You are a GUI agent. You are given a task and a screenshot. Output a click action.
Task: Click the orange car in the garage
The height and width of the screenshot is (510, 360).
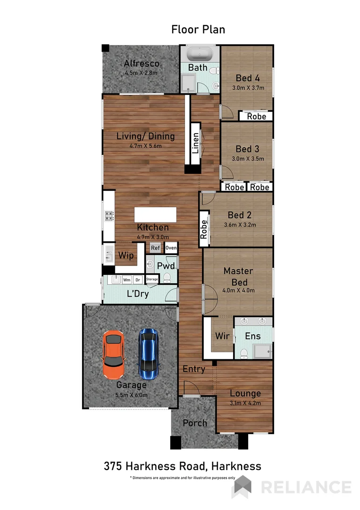click(114, 355)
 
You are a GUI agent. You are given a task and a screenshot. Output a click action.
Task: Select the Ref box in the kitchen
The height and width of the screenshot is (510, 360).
click(155, 248)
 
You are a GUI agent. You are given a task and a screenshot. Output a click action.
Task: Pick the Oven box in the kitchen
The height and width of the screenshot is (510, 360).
click(171, 248)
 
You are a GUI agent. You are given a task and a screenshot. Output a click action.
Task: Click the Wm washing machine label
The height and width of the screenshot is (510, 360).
click(126, 280)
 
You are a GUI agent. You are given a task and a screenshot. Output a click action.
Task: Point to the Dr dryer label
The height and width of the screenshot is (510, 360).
click(138, 280)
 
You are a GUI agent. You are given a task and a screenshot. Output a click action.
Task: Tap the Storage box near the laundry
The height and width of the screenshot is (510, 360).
click(152, 280)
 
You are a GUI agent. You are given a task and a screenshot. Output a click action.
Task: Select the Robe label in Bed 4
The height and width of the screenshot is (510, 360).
click(257, 116)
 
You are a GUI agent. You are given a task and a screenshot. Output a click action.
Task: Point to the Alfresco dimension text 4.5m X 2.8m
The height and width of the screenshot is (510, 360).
click(141, 73)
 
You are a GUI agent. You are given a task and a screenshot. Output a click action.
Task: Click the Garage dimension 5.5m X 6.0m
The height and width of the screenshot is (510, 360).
click(132, 395)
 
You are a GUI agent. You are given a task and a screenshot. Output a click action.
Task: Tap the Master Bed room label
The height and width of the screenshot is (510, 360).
click(238, 276)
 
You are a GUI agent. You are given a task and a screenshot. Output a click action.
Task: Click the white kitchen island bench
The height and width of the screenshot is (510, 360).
click(155, 214)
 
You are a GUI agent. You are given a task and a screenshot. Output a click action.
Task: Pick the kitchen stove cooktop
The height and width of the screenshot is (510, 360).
click(109, 216)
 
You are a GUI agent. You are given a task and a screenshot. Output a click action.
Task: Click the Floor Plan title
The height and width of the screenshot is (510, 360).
click(198, 29)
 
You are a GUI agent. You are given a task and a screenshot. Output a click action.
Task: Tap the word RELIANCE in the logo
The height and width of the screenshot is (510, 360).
click(306, 487)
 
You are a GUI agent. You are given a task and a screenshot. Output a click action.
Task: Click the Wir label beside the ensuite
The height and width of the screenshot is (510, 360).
click(222, 336)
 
